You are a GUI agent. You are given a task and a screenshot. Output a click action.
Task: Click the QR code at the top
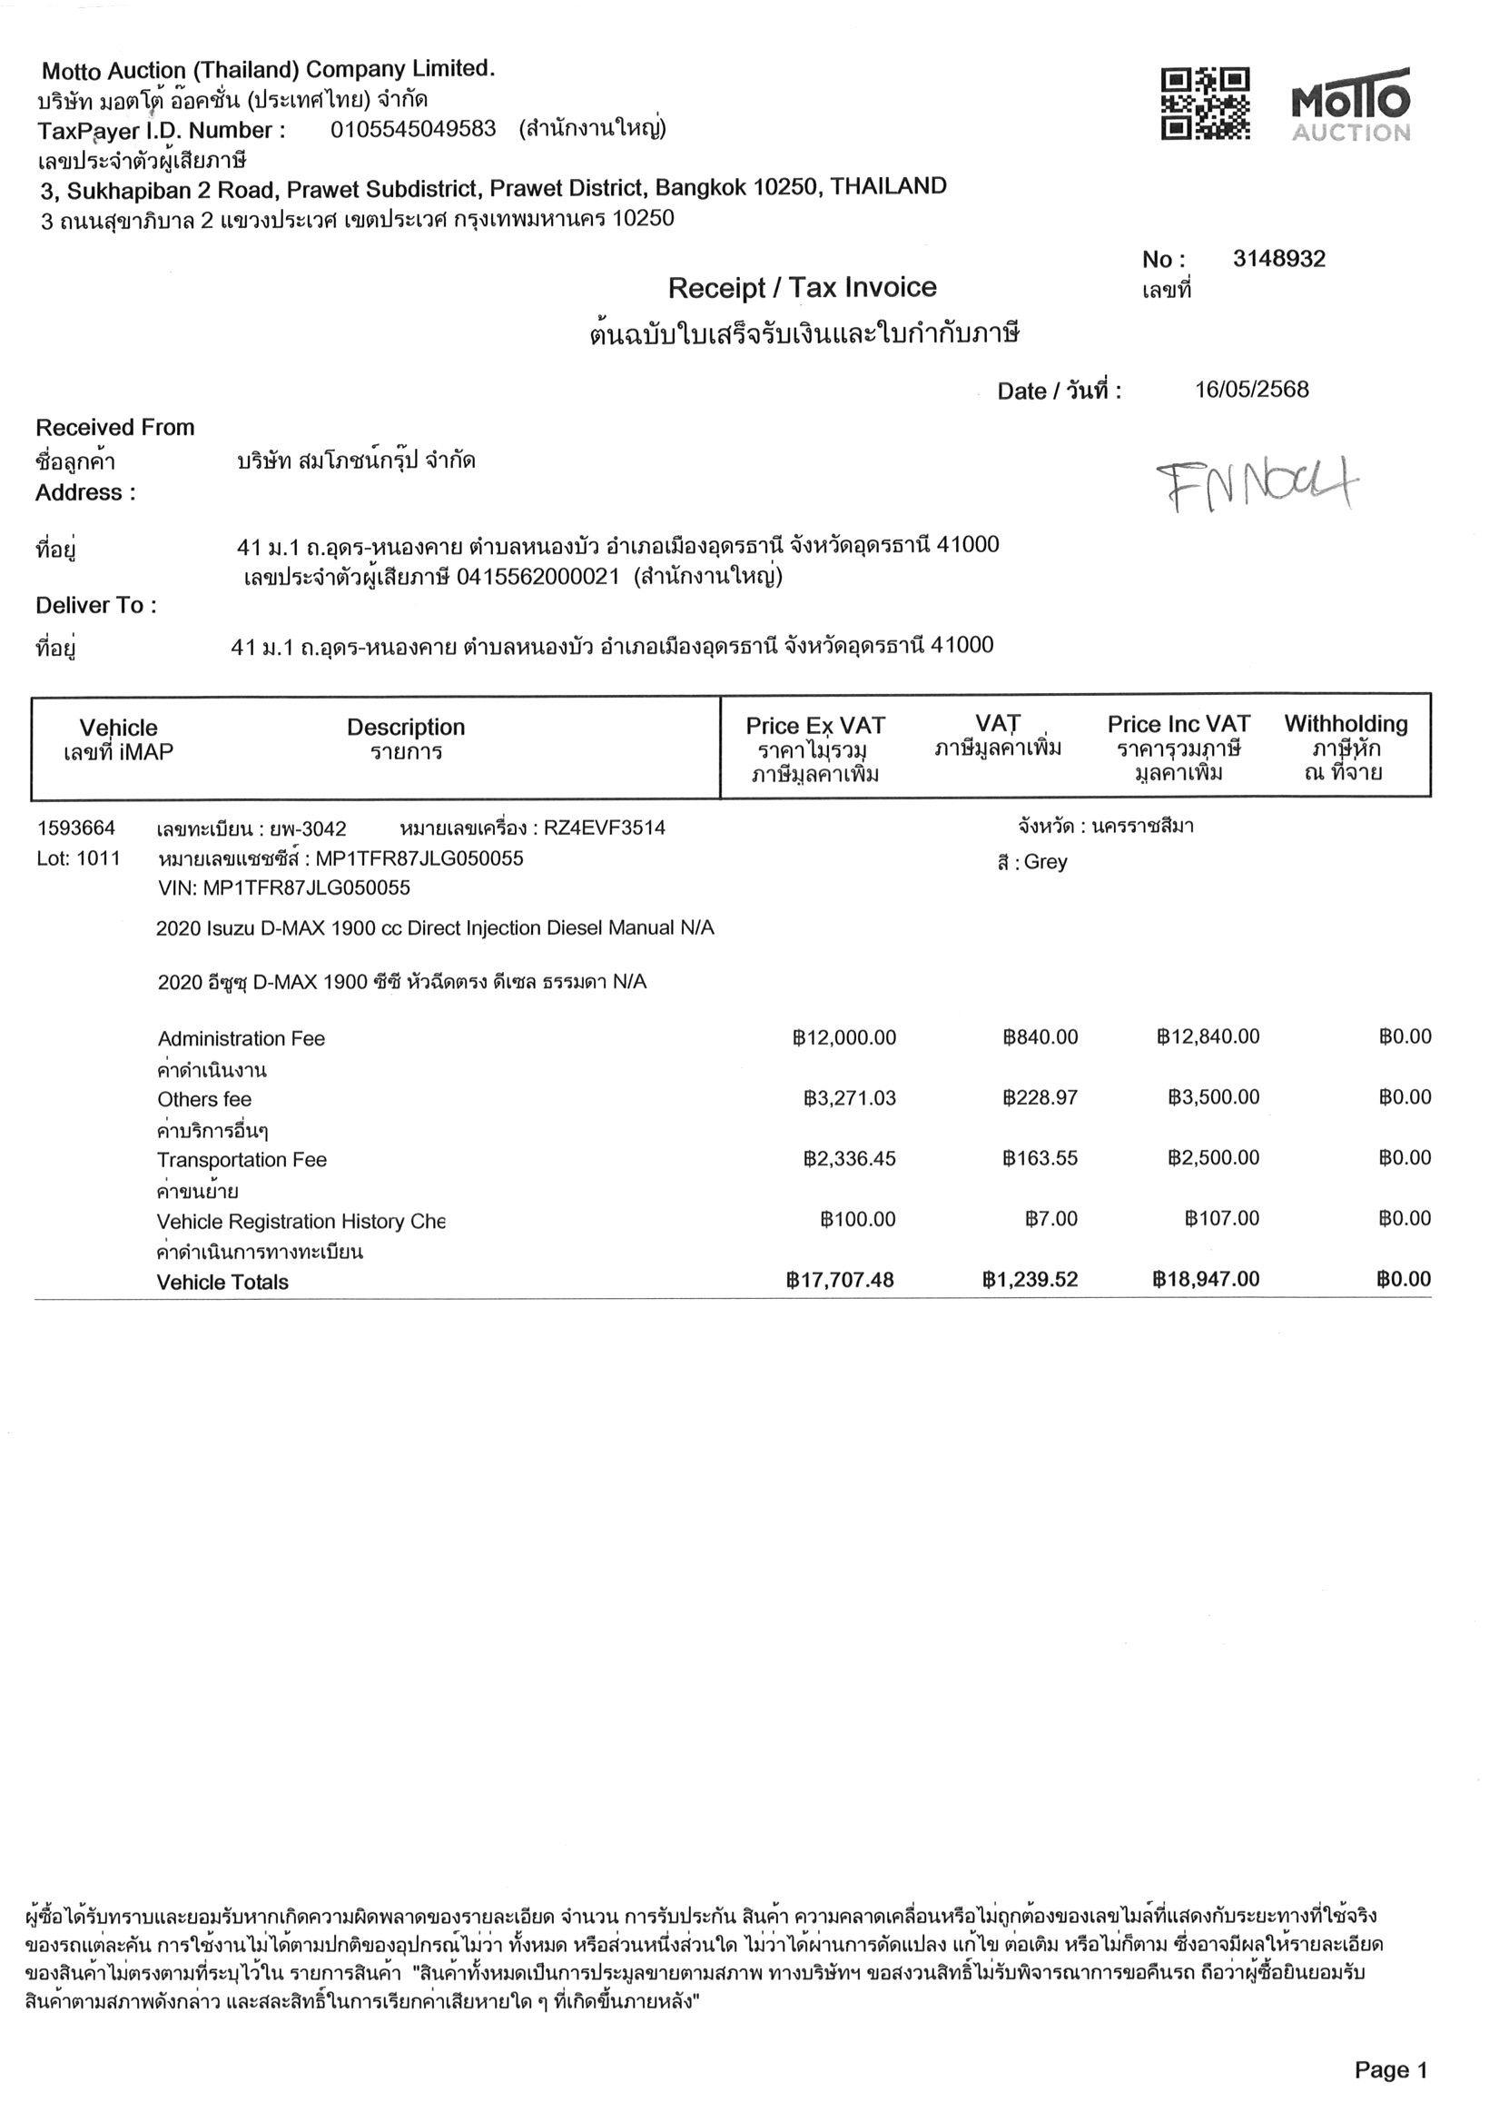point(1206,104)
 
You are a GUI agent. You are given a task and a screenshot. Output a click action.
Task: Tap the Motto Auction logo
point(1351,104)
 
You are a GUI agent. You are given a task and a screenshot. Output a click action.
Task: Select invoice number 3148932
point(1278,260)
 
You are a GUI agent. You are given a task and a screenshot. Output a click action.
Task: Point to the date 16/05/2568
point(1251,389)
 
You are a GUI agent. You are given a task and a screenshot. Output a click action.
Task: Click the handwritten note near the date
point(1257,485)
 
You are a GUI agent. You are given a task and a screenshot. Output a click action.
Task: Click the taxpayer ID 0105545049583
point(413,128)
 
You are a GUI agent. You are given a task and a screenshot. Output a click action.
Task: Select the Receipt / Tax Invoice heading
point(802,288)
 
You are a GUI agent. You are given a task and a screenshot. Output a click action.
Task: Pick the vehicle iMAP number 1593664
point(75,827)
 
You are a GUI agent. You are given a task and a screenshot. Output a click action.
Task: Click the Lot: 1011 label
point(78,858)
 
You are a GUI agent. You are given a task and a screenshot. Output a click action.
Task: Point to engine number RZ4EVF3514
point(604,828)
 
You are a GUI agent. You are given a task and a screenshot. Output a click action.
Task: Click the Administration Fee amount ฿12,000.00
point(844,1037)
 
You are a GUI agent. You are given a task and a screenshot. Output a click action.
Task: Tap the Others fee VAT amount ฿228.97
point(1040,1097)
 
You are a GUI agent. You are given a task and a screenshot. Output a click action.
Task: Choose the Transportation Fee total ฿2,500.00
point(1213,1157)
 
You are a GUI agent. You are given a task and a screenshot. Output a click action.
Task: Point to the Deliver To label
point(96,606)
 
